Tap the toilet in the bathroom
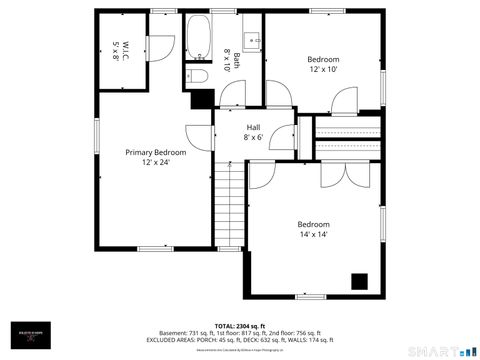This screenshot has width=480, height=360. pyautogui.click(x=197, y=75)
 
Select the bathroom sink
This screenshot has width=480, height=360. pyautogui.click(x=252, y=41)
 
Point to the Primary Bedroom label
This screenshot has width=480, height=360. pyautogui.click(x=155, y=152)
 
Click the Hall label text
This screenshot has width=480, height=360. pyautogui.click(x=253, y=127)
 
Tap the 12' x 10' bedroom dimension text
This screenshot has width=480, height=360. pyautogui.click(x=322, y=70)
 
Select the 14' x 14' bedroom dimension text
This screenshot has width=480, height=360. pyautogui.click(x=313, y=234)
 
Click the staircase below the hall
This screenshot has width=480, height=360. pyautogui.click(x=231, y=205)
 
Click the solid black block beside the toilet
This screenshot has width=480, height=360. pyautogui.click(x=203, y=98)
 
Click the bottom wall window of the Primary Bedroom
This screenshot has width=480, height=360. pyautogui.click(x=155, y=248)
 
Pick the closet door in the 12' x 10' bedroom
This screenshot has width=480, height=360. pyautogui.click(x=345, y=101)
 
